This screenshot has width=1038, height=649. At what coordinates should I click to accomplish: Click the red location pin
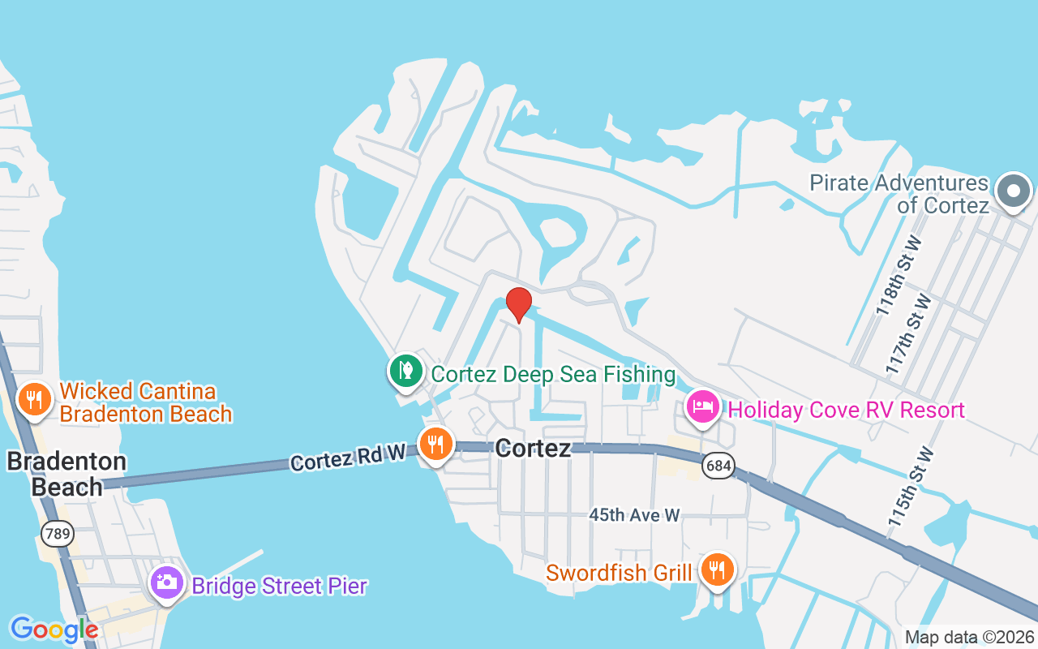(x=519, y=303)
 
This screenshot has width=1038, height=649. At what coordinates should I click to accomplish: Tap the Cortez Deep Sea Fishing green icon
(x=405, y=372)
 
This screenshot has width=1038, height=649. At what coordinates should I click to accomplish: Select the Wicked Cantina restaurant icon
(x=34, y=400)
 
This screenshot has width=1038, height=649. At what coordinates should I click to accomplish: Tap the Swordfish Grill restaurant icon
(x=716, y=569)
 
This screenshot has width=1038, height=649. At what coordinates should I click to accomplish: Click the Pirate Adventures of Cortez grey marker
(x=1013, y=191)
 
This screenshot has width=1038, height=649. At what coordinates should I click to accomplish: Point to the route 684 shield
(x=718, y=465)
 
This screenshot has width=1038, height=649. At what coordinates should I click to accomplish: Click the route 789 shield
(x=58, y=533)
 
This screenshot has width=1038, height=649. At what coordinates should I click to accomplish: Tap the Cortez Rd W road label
(x=348, y=458)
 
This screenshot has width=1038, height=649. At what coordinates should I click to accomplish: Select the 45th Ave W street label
(x=634, y=514)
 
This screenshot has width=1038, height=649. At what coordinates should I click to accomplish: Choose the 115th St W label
(x=911, y=488)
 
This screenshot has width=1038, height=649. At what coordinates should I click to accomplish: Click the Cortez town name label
(x=533, y=449)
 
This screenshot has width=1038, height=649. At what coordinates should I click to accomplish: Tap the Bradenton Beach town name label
(x=66, y=474)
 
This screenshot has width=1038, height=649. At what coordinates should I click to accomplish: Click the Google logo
(x=54, y=630)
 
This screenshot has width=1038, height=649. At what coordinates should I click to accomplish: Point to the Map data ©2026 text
(x=969, y=638)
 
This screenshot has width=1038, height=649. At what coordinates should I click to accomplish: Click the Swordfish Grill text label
(x=619, y=573)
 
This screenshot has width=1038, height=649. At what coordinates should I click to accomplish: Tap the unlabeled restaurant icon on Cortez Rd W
(x=436, y=443)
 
